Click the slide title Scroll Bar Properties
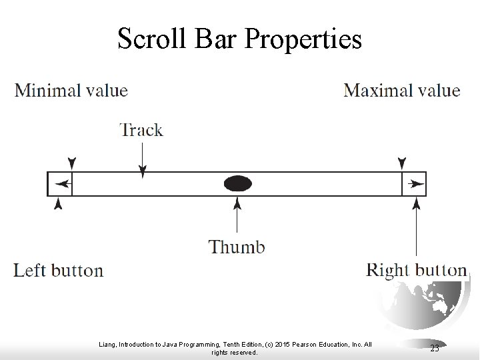point(239,39)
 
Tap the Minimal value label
point(71,90)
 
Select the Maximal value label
point(401,90)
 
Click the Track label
point(141,129)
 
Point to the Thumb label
point(237,247)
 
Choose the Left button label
point(59,271)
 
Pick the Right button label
point(417,270)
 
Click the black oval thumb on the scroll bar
point(237,183)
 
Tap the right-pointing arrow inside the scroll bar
point(416,183)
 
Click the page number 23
point(434,347)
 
